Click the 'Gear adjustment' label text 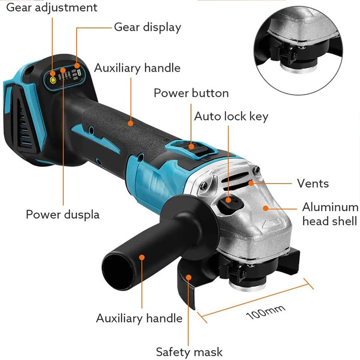click(x=52, y=7)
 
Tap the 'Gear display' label click(x=147, y=27)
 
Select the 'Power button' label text click(x=191, y=93)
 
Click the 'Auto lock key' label click(x=231, y=116)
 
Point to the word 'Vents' click(x=313, y=183)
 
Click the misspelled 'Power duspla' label click(x=63, y=215)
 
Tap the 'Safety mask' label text click(x=189, y=351)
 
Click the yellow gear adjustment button click(x=53, y=80)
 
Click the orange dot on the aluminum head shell click(x=265, y=208)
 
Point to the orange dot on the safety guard click(x=188, y=276)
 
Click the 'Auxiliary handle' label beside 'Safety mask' click(x=139, y=318)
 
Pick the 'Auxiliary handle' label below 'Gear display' click(x=137, y=68)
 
